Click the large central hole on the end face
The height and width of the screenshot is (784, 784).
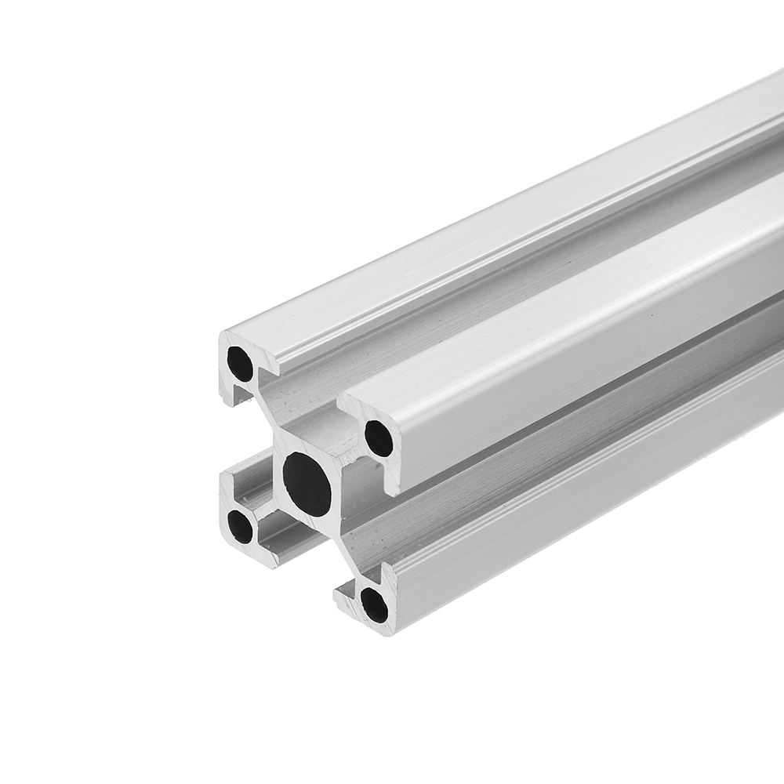pyautogui.click(x=307, y=484)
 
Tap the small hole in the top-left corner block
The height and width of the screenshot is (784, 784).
pyautogui.click(x=240, y=363)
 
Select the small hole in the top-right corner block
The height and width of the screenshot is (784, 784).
pyautogui.click(x=379, y=439)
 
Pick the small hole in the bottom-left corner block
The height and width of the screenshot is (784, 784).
pyautogui.click(x=240, y=526)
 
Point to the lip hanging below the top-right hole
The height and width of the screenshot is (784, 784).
pyautogui.click(x=390, y=481)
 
